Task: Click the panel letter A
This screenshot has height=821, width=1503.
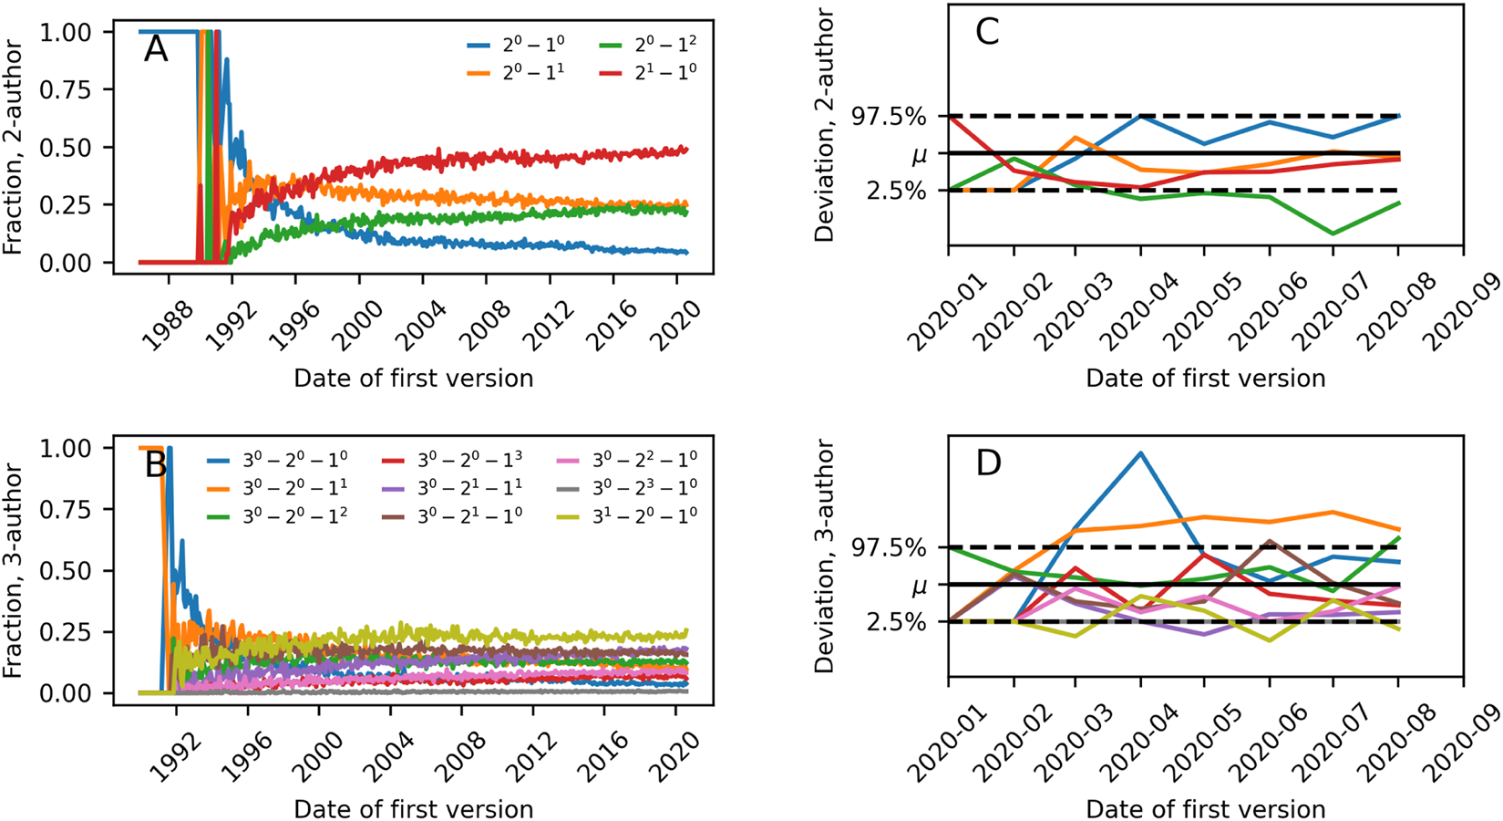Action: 156,49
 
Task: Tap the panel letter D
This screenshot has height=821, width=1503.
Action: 988,463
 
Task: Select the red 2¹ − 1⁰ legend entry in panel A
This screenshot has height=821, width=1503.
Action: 647,72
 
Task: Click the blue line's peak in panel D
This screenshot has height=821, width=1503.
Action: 1140,452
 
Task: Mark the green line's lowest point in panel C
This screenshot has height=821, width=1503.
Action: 1333,234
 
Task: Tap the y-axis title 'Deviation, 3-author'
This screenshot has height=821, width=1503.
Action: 825,556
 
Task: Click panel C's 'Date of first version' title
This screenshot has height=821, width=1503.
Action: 1205,378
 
